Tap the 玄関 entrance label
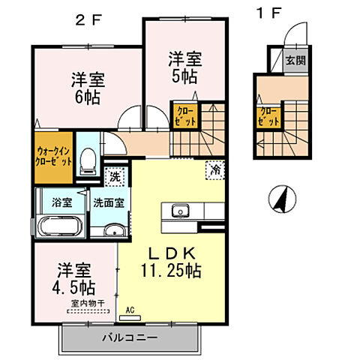pos(295,61)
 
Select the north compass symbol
pos(279,199)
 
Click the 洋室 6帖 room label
pos(87,88)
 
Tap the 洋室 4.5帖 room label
pos(73,277)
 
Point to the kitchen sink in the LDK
pos(181,210)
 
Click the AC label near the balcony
pos(130,308)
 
